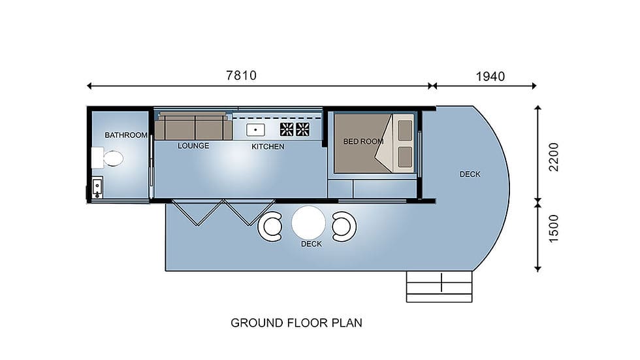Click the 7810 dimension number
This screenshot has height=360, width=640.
(241, 76)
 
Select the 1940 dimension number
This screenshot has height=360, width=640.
(490, 76)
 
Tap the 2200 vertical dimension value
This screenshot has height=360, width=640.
(554, 157)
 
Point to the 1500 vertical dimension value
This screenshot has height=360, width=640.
(554, 229)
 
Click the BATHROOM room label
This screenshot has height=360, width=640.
(125, 135)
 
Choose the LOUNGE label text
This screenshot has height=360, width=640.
(193, 146)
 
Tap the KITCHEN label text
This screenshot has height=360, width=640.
(268, 146)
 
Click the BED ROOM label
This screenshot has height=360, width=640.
(363, 142)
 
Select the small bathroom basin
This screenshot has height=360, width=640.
(97, 188)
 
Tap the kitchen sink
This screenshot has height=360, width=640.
(255, 130)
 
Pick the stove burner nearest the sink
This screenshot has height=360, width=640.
(287, 129)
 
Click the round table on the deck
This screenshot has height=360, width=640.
(308, 223)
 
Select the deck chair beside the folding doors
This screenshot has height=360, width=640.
(270, 227)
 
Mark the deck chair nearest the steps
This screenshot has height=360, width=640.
(344, 227)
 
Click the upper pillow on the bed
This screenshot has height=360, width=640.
(405, 130)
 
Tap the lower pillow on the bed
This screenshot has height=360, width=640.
(405, 157)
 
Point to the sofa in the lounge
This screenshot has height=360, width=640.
(193, 125)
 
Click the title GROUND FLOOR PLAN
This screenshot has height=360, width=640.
(296, 323)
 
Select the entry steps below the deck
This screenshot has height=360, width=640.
(439, 287)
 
